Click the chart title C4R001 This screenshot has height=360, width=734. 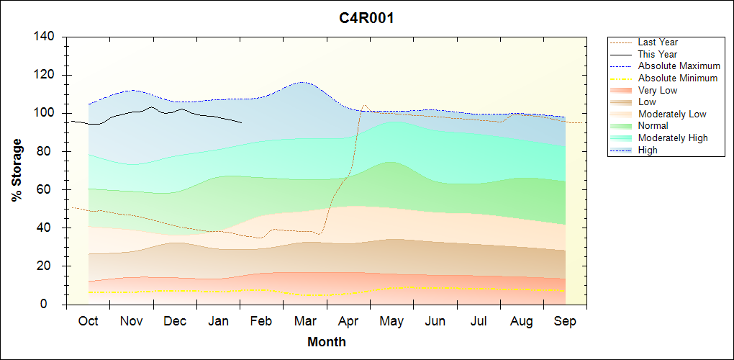366,18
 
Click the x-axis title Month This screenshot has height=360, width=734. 326,342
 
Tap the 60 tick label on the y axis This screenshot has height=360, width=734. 50,189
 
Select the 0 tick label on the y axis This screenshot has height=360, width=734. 53,305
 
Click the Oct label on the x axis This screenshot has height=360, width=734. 88,321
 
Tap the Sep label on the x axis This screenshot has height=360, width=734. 565,321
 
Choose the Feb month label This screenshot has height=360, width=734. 261,321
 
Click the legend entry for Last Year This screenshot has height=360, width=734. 658,42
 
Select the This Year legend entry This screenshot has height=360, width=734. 658,54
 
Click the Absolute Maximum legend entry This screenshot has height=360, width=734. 679,66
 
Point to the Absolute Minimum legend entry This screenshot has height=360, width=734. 677,78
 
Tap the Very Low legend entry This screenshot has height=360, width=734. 658,90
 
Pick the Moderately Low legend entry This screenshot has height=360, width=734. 672,114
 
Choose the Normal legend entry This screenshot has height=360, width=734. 653,126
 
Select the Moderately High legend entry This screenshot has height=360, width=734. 673,138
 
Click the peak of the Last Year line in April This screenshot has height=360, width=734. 364,105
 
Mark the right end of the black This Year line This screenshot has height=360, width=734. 241,123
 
